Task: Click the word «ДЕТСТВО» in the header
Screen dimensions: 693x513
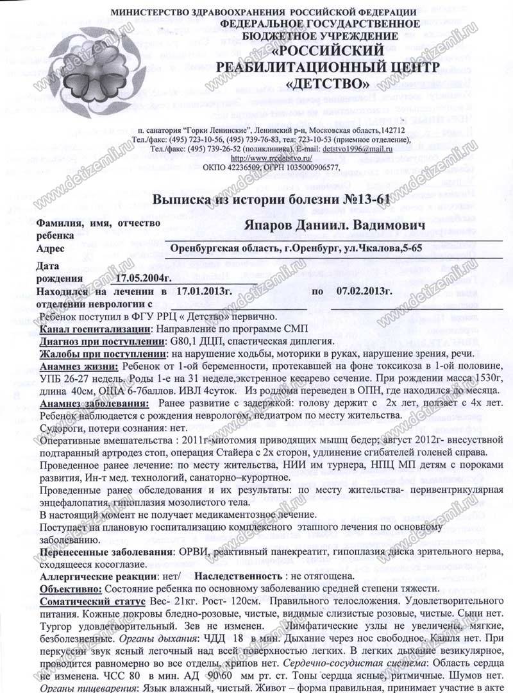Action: point(327,83)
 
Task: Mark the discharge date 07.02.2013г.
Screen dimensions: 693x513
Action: point(364,291)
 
